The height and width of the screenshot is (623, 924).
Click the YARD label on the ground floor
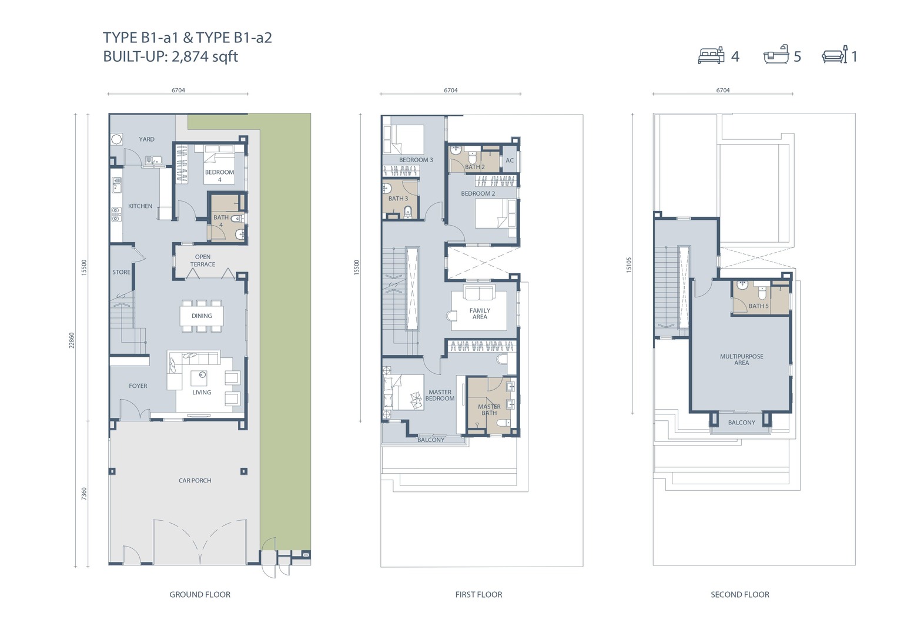tap(146, 139)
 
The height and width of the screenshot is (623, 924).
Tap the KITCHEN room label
tap(140, 206)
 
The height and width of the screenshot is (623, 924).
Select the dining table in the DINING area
tap(202, 316)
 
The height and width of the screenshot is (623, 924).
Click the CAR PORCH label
tap(195, 481)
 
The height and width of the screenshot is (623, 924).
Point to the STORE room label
tap(121, 272)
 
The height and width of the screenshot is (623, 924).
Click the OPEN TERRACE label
tap(203, 261)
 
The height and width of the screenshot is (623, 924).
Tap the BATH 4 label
tap(220, 221)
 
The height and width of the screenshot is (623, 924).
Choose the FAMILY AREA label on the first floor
tap(480, 314)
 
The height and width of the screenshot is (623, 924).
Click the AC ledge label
tap(510, 160)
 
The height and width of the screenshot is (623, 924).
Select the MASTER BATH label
tap(489, 410)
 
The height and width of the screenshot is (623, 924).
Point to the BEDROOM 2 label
tap(478, 193)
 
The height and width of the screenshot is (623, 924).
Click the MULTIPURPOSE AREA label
tap(741, 360)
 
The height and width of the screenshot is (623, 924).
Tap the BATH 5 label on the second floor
tap(759, 306)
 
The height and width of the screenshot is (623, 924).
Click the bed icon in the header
tap(711, 55)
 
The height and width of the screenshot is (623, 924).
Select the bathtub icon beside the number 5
tap(776, 55)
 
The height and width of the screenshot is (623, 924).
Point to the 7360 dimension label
tap(84, 494)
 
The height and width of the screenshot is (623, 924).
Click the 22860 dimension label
tap(72, 340)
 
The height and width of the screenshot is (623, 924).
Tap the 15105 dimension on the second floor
tap(629, 265)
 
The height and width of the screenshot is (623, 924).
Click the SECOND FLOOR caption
tap(739, 595)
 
